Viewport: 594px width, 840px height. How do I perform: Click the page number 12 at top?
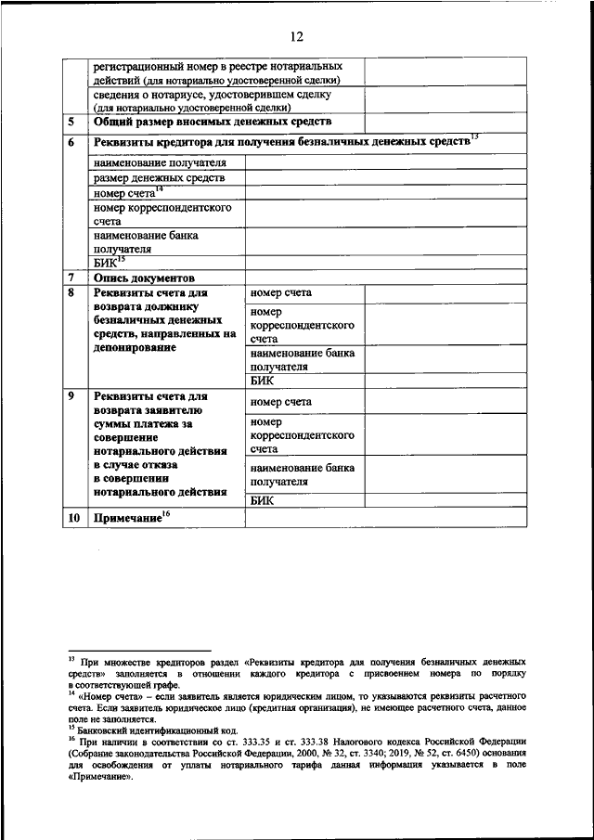click(296, 37)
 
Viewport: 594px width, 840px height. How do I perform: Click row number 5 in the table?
click(71, 123)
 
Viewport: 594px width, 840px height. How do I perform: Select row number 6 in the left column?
click(71, 143)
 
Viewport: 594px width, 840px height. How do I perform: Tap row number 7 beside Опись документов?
click(71, 278)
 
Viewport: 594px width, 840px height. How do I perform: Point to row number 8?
click(71, 293)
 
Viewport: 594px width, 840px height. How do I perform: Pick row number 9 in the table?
click(71, 398)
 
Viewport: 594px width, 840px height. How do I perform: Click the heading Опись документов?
click(143, 278)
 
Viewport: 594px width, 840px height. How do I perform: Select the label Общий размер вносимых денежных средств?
click(212, 123)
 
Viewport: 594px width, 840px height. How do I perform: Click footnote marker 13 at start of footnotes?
click(71, 655)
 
